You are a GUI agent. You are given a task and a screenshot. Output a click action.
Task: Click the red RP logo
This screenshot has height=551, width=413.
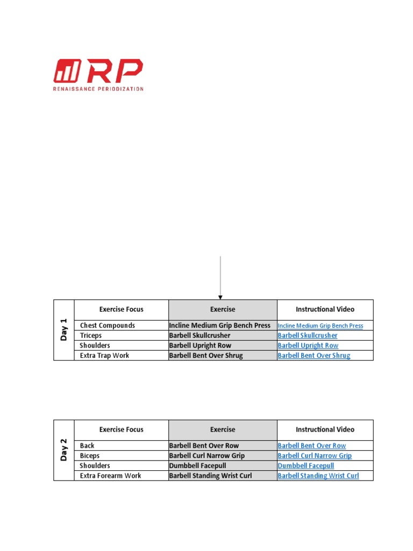(98, 70)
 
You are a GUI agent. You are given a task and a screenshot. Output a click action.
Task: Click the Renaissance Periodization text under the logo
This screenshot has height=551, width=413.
(98, 89)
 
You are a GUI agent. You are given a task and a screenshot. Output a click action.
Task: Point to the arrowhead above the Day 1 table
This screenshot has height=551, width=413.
(220, 297)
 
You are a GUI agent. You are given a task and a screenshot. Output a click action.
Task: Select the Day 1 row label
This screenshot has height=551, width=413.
(64, 330)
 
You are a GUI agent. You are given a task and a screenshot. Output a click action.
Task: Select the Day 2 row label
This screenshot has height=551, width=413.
(64, 450)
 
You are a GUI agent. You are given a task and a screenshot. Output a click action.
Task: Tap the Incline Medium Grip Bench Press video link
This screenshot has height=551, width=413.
(320, 326)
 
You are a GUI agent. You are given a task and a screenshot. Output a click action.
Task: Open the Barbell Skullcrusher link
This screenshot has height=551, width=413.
(308, 335)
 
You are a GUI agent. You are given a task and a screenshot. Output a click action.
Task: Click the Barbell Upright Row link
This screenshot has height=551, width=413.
(308, 345)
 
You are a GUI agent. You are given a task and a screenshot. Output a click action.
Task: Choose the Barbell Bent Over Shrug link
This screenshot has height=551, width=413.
(314, 356)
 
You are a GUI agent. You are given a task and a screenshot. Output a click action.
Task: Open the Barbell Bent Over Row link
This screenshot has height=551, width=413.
(312, 446)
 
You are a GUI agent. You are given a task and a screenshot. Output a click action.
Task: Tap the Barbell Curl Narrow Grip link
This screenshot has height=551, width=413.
(315, 456)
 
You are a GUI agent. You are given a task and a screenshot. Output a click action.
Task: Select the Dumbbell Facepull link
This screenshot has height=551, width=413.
(305, 465)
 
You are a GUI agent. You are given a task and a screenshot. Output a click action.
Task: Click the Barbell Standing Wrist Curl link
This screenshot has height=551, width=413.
(318, 476)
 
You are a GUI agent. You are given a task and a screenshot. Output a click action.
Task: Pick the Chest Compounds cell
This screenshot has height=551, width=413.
(108, 326)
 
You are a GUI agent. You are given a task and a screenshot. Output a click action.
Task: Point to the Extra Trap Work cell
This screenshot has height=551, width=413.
(104, 356)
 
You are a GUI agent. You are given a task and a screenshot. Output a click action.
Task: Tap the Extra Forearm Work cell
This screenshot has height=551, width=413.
(110, 476)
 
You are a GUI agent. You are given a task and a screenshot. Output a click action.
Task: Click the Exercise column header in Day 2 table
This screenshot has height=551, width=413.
(223, 429)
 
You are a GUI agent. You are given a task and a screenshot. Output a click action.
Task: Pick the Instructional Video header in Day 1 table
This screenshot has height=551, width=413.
(325, 309)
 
